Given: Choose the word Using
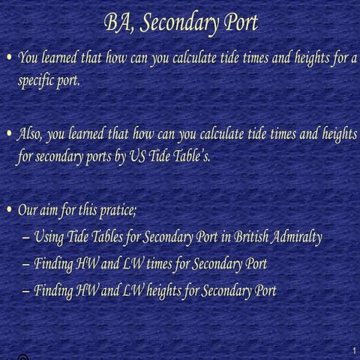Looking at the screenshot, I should (x=49, y=238).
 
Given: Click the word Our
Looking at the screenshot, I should (x=28, y=211).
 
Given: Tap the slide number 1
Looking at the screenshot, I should (x=352, y=351).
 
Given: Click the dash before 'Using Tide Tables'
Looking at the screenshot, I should (x=27, y=238).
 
